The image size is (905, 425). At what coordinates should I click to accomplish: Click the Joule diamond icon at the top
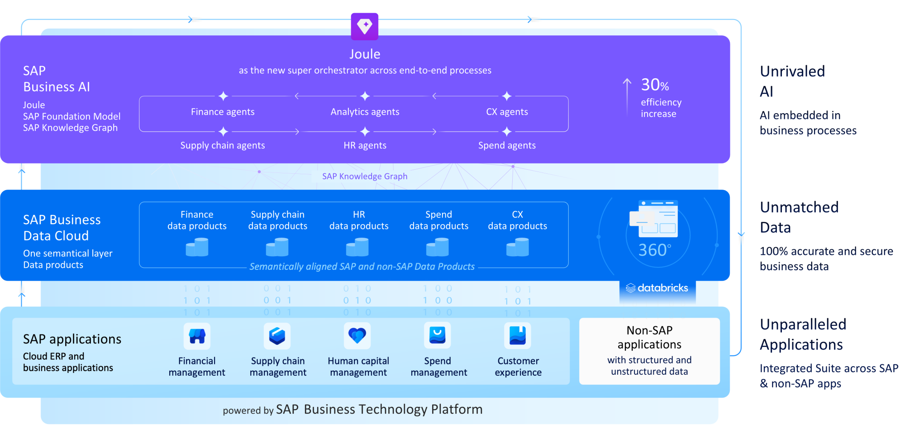[x=365, y=26]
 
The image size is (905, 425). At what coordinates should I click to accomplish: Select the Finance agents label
[x=223, y=112]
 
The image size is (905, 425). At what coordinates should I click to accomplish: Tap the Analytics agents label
[x=365, y=112]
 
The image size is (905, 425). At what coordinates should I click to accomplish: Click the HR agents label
[x=365, y=145]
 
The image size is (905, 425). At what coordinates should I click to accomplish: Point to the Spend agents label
[x=507, y=145]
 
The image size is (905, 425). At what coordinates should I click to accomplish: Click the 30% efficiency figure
[x=655, y=85]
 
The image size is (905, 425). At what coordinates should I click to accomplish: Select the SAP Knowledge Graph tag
[x=365, y=177]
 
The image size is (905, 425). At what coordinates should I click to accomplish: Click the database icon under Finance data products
[x=197, y=248]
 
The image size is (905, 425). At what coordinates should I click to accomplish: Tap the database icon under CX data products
[x=517, y=248]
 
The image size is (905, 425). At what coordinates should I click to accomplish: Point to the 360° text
[x=654, y=250]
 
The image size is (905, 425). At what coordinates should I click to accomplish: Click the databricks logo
[x=657, y=288]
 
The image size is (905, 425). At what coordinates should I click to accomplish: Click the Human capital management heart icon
[x=357, y=336]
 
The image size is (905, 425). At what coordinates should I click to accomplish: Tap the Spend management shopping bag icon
[x=437, y=336]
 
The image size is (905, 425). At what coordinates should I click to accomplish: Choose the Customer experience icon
[x=517, y=336]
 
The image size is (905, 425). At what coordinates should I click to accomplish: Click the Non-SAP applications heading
[x=649, y=337]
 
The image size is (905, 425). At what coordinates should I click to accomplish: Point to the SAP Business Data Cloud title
[x=62, y=228]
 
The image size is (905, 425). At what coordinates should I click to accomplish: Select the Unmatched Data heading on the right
[x=799, y=217]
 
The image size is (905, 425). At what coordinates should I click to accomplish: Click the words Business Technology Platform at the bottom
[x=393, y=410]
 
